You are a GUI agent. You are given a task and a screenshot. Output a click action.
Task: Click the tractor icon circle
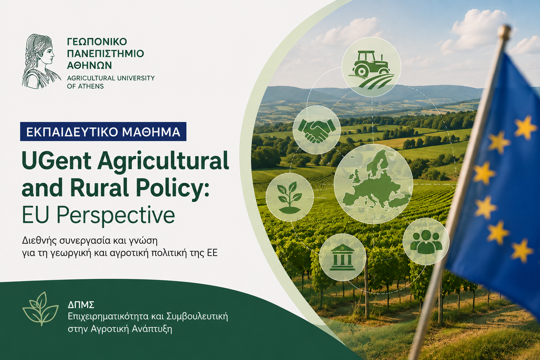[371, 67]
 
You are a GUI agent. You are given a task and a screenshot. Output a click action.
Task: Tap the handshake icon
[316, 130]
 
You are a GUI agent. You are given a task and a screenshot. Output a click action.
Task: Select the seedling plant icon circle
[290, 197]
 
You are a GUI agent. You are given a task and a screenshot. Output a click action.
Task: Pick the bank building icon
[342, 257]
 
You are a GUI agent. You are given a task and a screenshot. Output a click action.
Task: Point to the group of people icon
[426, 242]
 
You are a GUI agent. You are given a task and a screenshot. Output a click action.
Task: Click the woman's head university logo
[41, 61]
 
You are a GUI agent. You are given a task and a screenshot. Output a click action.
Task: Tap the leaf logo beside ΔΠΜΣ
[41, 309]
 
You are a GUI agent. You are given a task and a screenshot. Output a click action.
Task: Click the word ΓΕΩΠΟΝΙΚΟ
[97, 42]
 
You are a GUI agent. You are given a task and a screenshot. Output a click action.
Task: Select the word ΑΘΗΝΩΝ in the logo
[89, 65]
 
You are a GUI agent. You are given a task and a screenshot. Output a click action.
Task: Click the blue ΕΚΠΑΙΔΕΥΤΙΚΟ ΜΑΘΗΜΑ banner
[103, 131]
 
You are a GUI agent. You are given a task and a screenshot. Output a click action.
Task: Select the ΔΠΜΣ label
[81, 305]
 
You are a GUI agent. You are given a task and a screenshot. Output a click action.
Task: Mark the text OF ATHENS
[85, 86]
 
